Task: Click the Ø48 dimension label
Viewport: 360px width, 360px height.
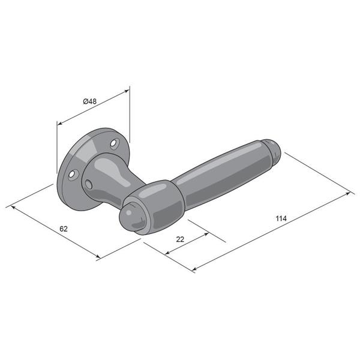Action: (x=90, y=101)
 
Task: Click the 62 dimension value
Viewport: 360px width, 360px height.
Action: (x=64, y=229)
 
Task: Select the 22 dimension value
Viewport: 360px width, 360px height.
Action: (x=180, y=239)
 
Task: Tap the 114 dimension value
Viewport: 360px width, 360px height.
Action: (x=281, y=218)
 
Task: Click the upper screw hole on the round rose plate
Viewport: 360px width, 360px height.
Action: (x=114, y=143)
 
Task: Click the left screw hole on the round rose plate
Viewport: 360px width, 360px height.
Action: (x=73, y=175)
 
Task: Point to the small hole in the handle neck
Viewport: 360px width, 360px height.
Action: (x=89, y=184)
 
